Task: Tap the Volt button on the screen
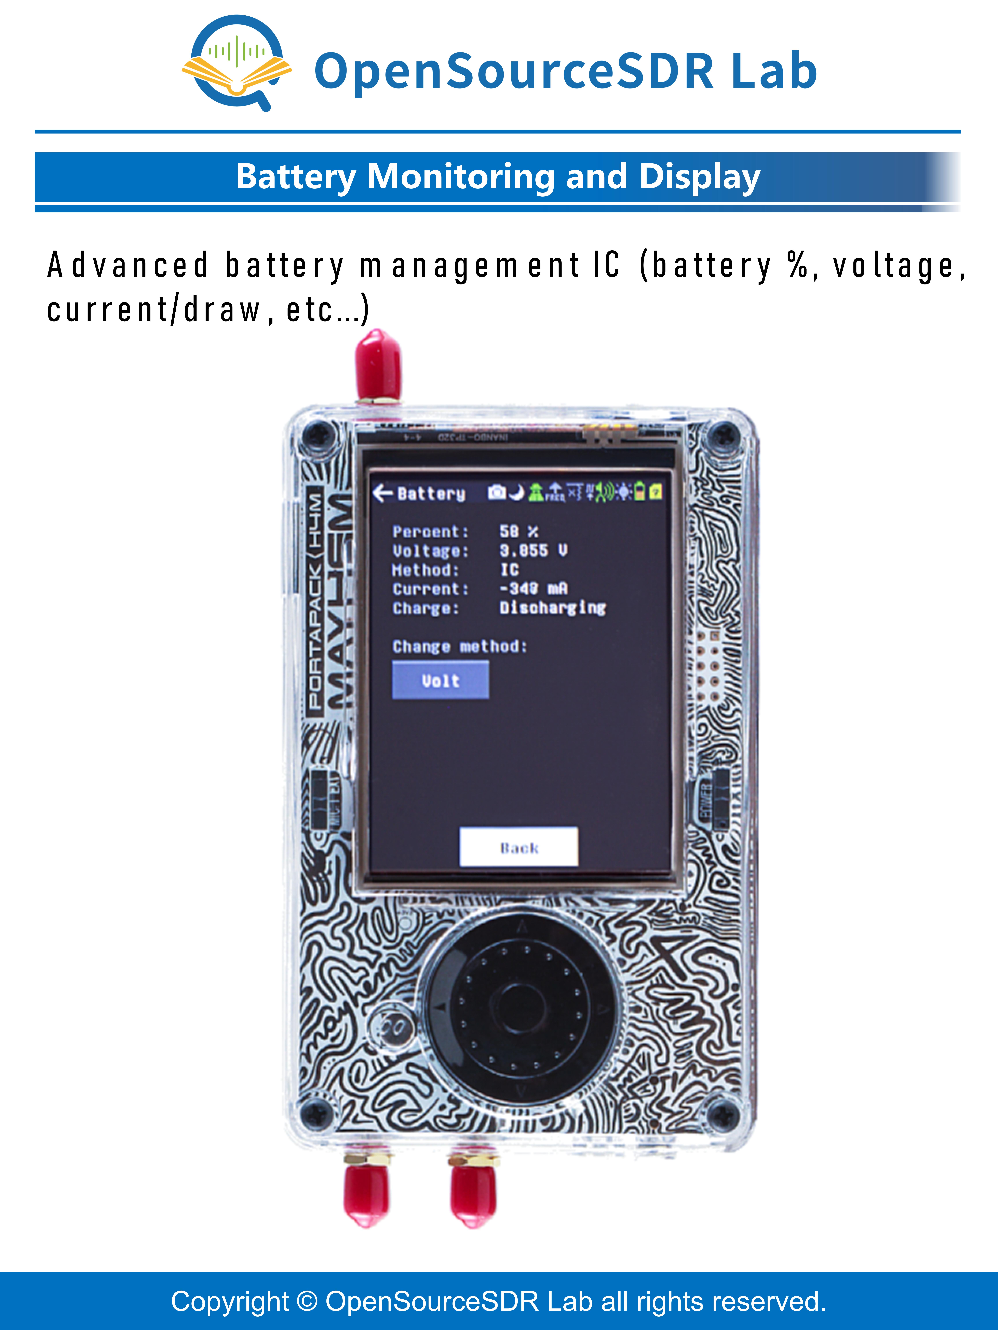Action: click(x=440, y=680)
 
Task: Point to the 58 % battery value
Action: click(x=518, y=532)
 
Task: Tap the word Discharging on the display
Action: click(x=552, y=608)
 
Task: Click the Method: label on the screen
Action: click(x=425, y=569)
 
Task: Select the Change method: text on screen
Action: click(x=460, y=646)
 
